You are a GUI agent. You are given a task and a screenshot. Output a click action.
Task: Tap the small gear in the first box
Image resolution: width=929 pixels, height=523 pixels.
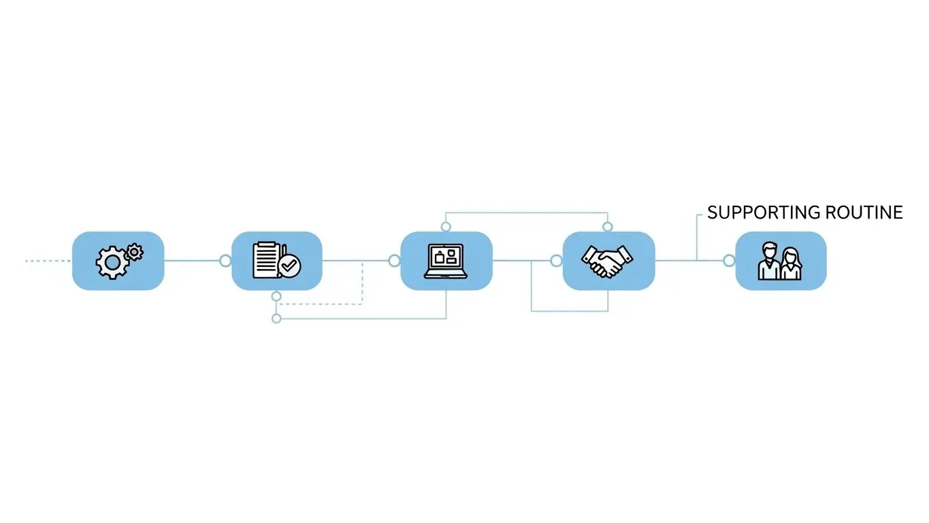134,252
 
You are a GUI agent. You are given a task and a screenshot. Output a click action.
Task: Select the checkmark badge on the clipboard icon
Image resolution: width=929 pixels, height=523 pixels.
289,266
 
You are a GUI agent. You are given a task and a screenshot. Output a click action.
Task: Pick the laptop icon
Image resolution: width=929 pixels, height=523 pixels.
446,261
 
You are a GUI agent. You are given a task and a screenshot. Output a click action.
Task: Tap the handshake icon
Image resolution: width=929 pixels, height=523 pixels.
607,261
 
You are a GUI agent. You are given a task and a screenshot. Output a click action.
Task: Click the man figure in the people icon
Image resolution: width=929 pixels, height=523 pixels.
769,261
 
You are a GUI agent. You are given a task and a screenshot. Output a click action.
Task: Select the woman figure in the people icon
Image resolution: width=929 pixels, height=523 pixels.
792,264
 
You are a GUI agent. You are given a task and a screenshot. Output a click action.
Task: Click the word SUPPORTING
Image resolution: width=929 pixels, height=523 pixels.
764,212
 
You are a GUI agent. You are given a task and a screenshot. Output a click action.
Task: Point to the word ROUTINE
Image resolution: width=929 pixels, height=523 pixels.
864,212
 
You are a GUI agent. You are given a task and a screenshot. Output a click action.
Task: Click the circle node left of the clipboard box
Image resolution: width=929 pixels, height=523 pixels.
225,261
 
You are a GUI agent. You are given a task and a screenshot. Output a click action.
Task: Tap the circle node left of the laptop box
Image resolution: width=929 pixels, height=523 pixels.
395,261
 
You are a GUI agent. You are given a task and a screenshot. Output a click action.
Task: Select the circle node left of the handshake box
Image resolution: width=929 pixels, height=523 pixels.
557,261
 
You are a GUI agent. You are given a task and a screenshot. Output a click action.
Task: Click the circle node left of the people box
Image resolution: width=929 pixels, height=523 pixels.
729,261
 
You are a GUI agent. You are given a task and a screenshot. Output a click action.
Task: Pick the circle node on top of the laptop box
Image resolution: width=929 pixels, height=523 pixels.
446,227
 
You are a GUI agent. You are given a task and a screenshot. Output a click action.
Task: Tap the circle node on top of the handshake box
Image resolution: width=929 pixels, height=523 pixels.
608,227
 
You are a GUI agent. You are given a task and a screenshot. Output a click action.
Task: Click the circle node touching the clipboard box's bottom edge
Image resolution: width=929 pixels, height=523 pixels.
276,296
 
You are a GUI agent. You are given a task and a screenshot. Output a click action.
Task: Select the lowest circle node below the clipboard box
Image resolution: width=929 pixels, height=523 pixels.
276,319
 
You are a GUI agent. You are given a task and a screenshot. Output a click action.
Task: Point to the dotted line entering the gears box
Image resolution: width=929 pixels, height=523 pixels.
48,261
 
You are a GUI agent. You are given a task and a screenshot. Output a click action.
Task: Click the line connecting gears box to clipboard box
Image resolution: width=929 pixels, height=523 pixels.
192,261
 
